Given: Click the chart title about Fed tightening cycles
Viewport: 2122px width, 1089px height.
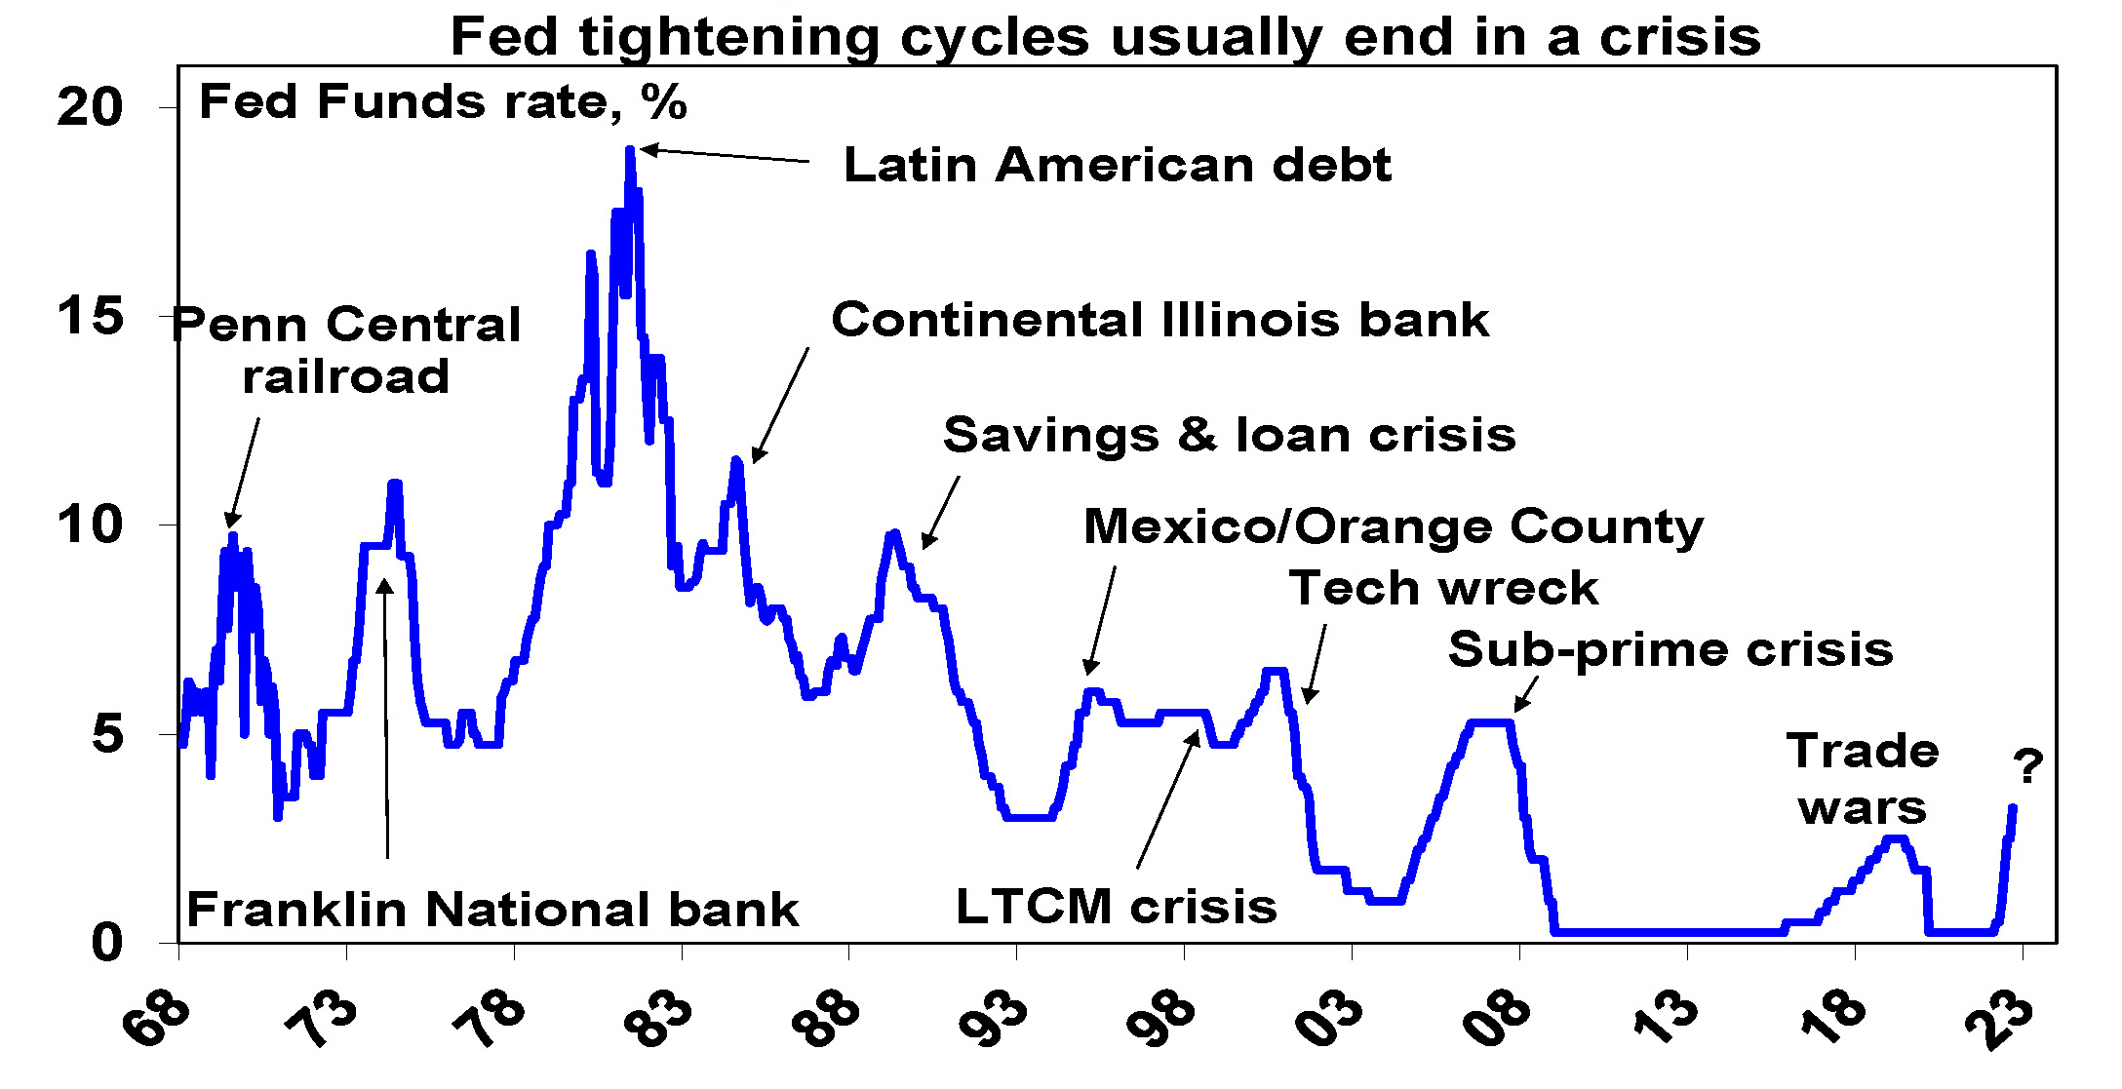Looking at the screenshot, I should (x=1105, y=37).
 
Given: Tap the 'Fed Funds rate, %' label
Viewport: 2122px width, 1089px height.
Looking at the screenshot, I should (x=443, y=102).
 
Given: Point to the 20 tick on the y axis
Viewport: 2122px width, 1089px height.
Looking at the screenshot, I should (x=90, y=107).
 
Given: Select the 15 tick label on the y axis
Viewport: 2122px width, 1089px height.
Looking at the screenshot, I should (x=90, y=317).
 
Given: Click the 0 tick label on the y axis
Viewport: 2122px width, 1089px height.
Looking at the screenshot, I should (x=106, y=943).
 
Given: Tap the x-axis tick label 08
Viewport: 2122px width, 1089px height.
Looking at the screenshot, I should (x=1498, y=1020).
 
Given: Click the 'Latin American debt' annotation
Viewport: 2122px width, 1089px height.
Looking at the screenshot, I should (x=1117, y=165).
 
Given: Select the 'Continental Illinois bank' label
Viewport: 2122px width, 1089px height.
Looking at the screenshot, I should (x=1159, y=320).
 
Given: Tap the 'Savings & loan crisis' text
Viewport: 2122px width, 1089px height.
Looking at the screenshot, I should (x=1229, y=435).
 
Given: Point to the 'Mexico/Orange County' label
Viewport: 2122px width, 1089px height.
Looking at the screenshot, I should (x=1394, y=526).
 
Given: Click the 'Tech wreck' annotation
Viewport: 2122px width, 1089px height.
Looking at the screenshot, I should (x=1443, y=588).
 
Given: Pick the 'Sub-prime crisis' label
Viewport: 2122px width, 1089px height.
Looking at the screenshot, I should (x=1670, y=649).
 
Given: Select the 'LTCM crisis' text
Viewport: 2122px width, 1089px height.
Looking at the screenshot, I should (x=1116, y=907).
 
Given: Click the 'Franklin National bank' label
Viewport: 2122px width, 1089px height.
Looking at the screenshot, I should (x=492, y=910).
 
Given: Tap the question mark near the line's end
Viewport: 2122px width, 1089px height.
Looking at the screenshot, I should (x=2028, y=767).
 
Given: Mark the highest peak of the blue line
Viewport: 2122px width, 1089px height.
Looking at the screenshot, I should (x=630, y=151).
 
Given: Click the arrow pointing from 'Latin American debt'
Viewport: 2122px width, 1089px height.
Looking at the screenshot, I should (x=725, y=155).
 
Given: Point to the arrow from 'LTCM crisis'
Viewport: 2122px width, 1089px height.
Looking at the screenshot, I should (x=1167, y=799).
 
